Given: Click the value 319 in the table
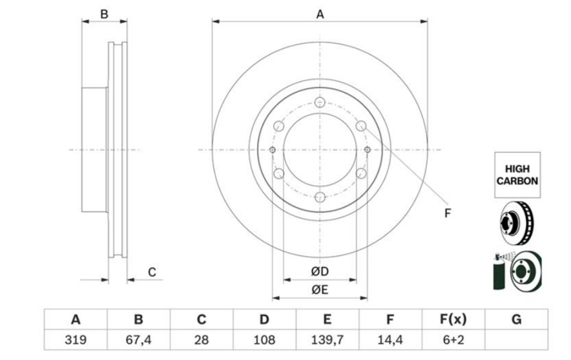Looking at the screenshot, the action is pos(76,340).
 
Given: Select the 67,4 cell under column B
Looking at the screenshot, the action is pos(138,340).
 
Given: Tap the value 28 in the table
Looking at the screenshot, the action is pos(201,340).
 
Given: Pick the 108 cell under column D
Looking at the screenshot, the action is pos(264,340).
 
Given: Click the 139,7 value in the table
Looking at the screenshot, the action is pos(328,340).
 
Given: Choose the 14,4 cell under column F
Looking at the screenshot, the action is pos(390,340).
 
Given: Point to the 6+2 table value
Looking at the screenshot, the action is pos(453,340).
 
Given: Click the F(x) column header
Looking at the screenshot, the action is pos(453,319).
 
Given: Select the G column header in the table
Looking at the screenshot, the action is pos(516,319).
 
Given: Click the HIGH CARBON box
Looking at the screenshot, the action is pos(517,175).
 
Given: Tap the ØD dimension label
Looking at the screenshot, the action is pos(320,271).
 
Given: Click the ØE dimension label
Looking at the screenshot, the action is pos(320,290).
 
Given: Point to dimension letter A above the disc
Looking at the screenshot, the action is pos(320,14).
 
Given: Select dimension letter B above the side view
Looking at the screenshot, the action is pos(104,14).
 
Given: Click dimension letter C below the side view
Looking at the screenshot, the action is pos(152,272).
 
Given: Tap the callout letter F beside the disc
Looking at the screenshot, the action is pos(448,213).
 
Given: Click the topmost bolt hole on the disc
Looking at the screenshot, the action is pos(320,102).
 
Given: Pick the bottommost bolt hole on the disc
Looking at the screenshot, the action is pos(320,197).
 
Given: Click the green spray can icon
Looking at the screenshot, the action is pos(498,273).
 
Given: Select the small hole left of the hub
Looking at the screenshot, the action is pos(272,150).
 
